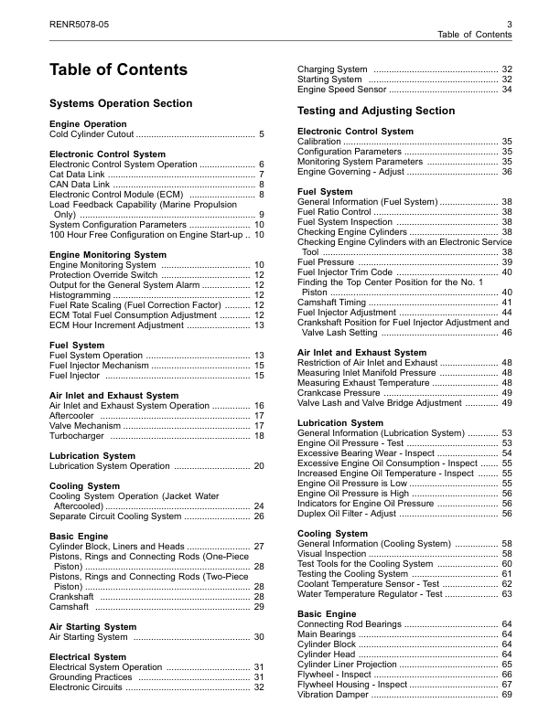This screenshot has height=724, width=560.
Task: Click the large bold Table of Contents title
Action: click(x=118, y=70)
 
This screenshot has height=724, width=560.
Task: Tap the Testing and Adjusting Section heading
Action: click(x=376, y=111)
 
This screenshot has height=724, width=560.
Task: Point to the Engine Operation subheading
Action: click(x=88, y=123)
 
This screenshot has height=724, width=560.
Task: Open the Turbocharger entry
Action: click(x=78, y=436)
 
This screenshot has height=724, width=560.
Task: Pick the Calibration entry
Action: click(x=319, y=142)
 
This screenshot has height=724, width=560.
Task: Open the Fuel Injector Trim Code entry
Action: click(x=347, y=272)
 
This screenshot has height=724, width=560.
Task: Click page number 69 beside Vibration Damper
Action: click(x=507, y=695)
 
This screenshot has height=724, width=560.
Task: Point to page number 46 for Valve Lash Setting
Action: click(x=507, y=333)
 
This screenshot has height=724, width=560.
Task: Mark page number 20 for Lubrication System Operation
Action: click(x=259, y=465)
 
